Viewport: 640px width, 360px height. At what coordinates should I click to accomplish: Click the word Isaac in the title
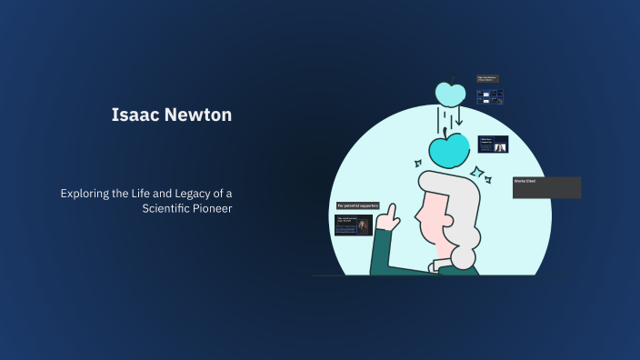click(x=131, y=115)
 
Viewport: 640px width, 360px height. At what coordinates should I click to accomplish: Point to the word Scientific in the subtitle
click(x=168, y=207)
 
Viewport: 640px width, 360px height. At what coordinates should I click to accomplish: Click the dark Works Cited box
click(x=546, y=187)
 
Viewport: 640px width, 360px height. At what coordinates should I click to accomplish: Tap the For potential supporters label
click(x=358, y=206)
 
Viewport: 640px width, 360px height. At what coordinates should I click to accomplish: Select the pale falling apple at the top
click(x=449, y=92)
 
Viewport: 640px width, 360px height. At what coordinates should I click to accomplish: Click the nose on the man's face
click(x=417, y=218)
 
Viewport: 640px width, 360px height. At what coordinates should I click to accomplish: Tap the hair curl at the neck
click(x=463, y=256)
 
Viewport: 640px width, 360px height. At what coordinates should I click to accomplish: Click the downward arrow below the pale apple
click(x=459, y=118)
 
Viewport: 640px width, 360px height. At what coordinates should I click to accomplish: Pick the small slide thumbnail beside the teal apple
click(x=493, y=144)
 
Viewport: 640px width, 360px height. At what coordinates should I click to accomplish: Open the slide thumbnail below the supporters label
click(x=353, y=225)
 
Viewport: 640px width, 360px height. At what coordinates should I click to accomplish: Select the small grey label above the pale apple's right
click(x=487, y=79)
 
